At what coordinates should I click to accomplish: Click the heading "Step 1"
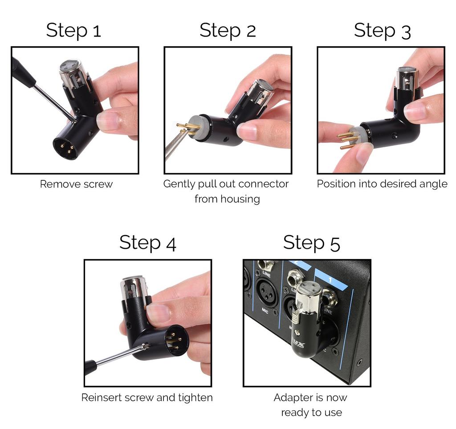tap(73, 30)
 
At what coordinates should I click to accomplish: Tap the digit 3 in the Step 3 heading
tap(405, 31)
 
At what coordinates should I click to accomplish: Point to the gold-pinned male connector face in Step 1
tap(65, 147)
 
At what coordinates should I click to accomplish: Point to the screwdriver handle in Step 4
tap(91, 367)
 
